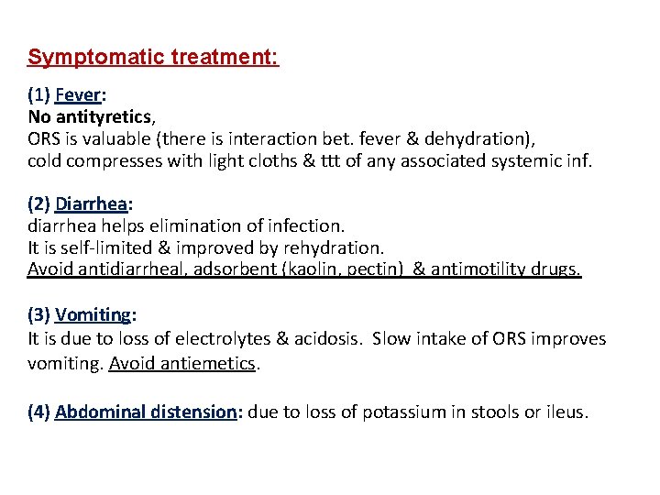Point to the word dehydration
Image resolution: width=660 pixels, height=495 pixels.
tap(489, 138)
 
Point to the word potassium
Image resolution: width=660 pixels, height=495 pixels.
tap(404, 412)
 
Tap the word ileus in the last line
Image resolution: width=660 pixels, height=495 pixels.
tap(565, 412)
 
